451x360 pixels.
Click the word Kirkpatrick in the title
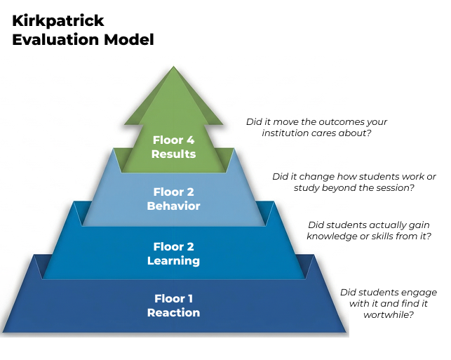click(58, 22)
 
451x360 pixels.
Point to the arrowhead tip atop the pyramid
click(173, 68)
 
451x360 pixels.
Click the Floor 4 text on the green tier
click(173, 140)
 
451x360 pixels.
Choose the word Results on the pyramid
click(173, 154)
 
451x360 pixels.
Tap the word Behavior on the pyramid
click(173, 206)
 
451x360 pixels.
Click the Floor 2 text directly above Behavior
click(173, 192)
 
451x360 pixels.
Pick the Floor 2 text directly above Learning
click(173, 246)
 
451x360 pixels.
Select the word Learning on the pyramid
click(173, 260)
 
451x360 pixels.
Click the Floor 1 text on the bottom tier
click(173, 298)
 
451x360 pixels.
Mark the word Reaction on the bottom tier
click(173, 312)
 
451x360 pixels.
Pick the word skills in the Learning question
click(379, 236)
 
